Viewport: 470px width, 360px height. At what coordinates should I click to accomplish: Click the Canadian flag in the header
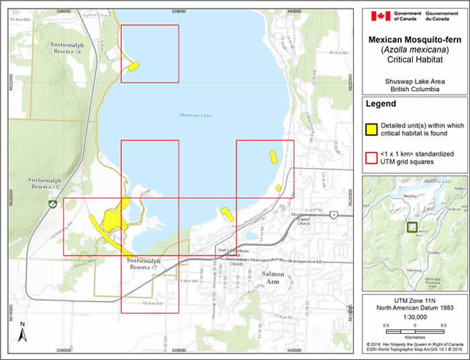(x=380, y=15)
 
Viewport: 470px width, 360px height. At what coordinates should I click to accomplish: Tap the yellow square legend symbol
(x=371, y=130)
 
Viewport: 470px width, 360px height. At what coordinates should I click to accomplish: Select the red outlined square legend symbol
(x=371, y=158)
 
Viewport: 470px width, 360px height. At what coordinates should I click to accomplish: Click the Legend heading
(x=381, y=104)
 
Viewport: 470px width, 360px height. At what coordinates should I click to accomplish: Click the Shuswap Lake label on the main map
(x=195, y=116)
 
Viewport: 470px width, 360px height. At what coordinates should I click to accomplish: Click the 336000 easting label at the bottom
(x=64, y=351)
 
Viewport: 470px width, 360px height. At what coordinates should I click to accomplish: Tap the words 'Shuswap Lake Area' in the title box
(x=411, y=80)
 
